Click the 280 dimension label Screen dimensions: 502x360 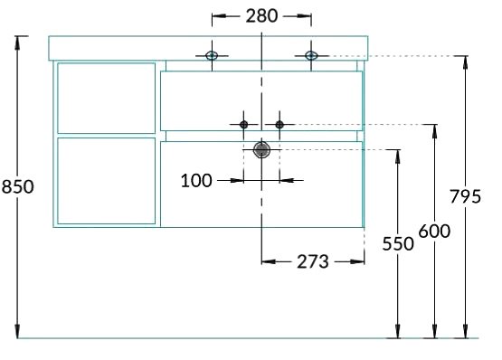point(261,16)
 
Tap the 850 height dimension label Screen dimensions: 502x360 point(17,186)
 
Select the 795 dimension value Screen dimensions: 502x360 point(465,196)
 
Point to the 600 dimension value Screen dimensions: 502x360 point(434,231)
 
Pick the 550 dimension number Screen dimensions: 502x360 point(398,243)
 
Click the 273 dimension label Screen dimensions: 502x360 point(313,261)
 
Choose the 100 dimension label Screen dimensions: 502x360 point(196,181)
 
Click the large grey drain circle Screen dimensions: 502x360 point(261,150)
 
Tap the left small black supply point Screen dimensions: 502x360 point(243,125)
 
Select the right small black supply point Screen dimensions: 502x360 point(279,125)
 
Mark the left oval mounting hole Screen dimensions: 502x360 point(212,56)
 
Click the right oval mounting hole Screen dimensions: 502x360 point(311,56)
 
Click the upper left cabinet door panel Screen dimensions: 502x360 point(107,98)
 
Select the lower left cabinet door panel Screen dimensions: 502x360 point(107,181)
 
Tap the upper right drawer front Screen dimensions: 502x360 point(261,101)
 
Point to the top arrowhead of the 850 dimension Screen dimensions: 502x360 point(17,43)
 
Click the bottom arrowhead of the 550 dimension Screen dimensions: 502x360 point(398,332)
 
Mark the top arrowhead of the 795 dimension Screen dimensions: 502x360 point(465,62)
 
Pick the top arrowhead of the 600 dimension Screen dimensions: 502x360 point(434,131)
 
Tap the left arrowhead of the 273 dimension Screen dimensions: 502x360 point(269,261)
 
